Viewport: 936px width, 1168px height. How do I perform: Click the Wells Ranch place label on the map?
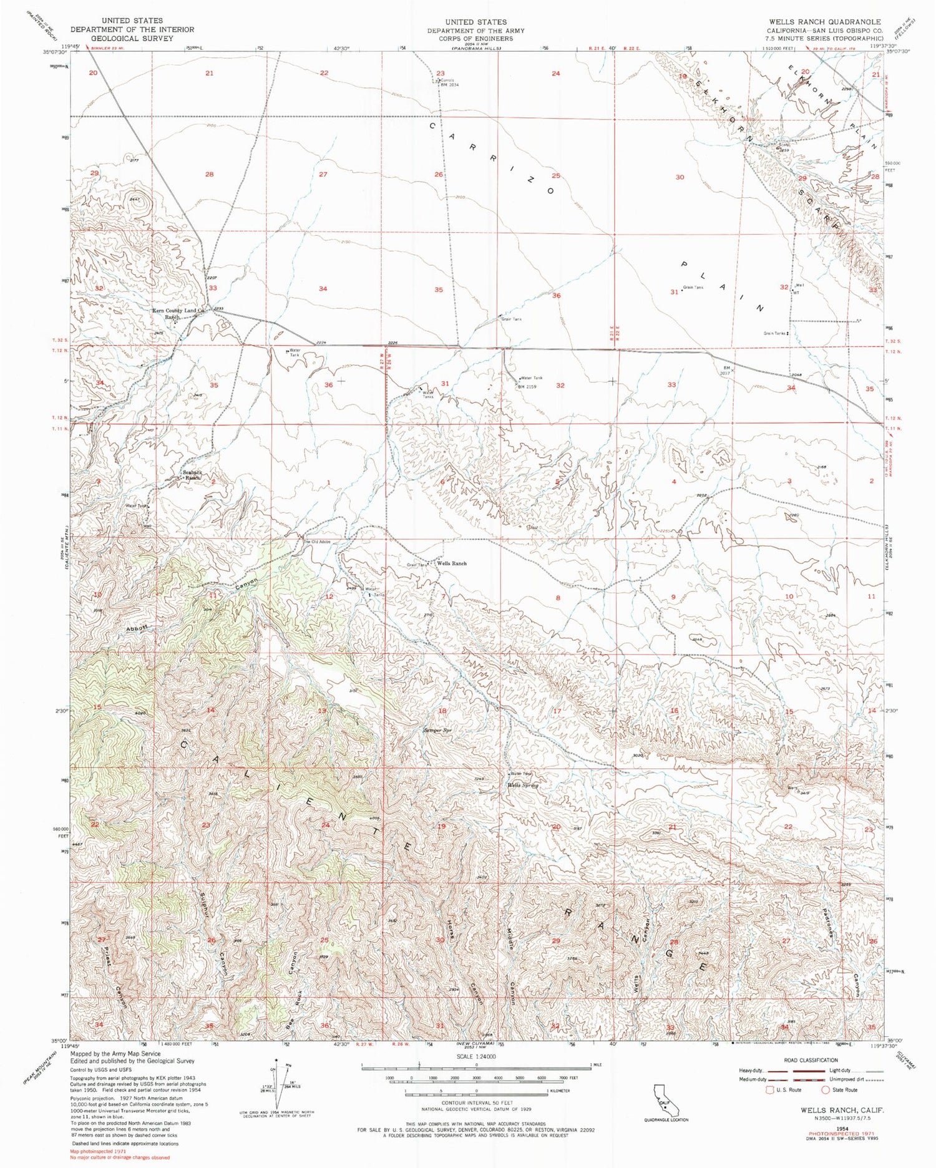pos(452,563)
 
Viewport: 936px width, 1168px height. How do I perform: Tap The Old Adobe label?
pos(316,542)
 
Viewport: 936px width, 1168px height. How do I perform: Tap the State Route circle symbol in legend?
pos(826,1090)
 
